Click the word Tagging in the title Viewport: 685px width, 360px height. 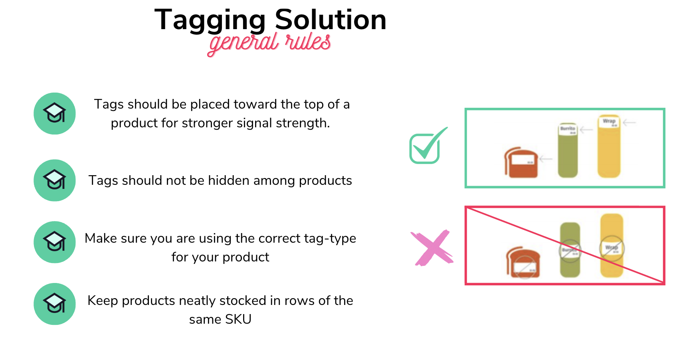point(210,20)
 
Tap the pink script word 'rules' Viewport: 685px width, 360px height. point(308,42)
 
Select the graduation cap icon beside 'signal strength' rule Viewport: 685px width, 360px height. point(55,114)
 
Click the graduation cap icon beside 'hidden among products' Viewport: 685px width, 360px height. point(55,180)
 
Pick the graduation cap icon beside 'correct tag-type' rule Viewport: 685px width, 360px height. point(55,242)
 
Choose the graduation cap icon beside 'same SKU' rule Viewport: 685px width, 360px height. point(55,304)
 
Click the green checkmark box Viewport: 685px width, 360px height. point(426,147)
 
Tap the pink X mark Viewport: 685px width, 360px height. point(432,248)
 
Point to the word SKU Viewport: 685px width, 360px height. point(238,319)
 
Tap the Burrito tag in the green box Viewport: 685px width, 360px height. point(568,129)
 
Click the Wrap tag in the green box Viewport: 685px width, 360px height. point(609,122)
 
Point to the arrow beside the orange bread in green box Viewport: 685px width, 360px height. point(546,159)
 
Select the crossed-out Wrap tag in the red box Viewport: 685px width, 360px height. point(612,248)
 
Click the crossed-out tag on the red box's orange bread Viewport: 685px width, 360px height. point(524,267)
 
